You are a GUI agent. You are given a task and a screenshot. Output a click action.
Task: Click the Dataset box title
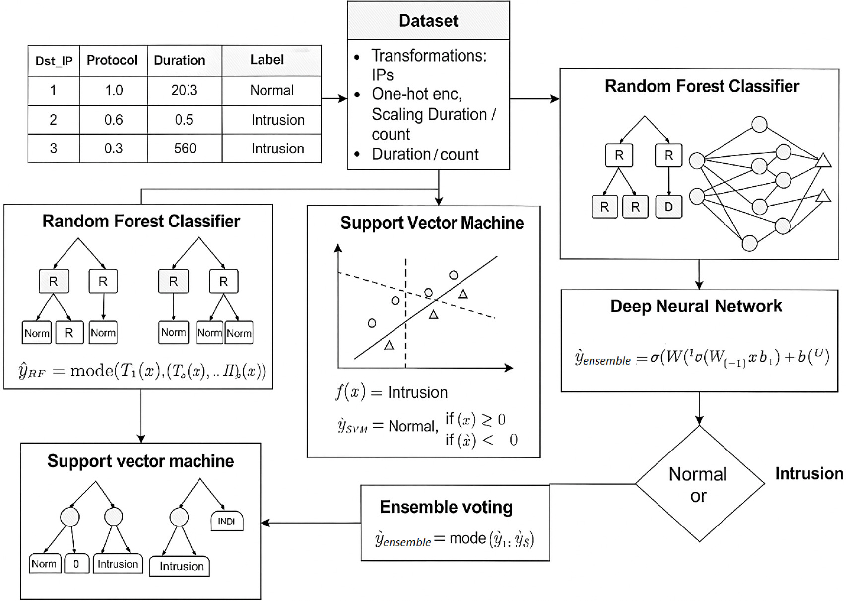pyautogui.click(x=428, y=21)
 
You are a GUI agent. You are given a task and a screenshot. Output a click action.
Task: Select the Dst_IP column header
pyautogui.click(x=54, y=61)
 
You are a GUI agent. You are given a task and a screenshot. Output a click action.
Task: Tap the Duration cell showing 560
pyautogui.click(x=185, y=149)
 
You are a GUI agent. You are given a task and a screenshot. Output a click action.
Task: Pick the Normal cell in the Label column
pyautogui.click(x=271, y=90)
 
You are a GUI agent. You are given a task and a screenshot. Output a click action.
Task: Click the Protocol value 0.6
pyautogui.click(x=113, y=120)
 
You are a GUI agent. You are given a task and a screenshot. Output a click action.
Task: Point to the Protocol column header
pyautogui.click(x=112, y=60)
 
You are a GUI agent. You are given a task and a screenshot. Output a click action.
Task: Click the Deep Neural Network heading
pyautogui.click(x=696, y=306)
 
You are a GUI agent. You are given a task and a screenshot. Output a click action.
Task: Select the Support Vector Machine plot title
pyautogui.click(x=432, y=223)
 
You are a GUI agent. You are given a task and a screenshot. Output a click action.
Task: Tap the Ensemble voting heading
pyautogui.click(x=446, y=507)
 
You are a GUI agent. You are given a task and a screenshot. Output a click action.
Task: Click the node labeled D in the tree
pyautogui.click(x=668, y=207)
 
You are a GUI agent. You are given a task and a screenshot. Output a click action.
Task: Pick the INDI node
pyautogui.click(x=227, y=521)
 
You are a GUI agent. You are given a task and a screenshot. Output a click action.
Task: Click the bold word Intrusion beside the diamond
pyautogui.click(x=809, y=474)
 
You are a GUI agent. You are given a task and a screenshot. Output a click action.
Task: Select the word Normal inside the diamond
pyautogui.click(x=697, y=474)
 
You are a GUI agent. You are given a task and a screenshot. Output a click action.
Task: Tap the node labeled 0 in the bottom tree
pyautogui.click(x=76, y=564)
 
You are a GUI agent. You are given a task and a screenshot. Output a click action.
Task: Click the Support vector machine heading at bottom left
pyautogui.click(x=140, y=461)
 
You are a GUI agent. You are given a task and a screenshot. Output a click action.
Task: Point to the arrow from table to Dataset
pyautogui.click(x=334, y=98)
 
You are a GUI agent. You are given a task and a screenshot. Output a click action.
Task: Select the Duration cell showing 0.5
pyautogui.click(x=184, y=120)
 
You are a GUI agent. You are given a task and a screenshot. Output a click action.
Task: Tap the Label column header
pyautogui.click(x=267, y=60)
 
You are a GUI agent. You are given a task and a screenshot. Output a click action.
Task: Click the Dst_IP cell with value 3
pyautogui.click(x=54, y=149)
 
